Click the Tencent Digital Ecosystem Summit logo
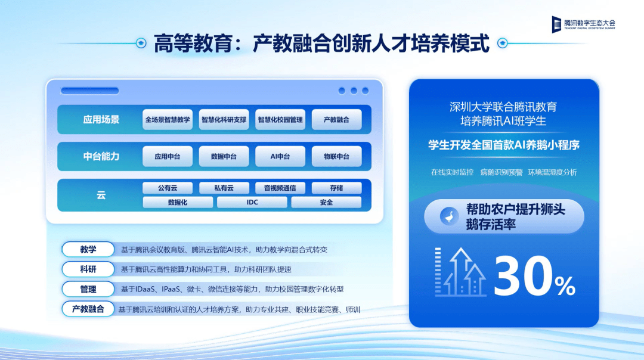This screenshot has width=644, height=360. [583, 24]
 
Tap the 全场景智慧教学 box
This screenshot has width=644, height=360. [168, 119]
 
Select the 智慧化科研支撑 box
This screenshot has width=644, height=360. [224, 119]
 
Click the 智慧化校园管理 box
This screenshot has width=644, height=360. [280, 119]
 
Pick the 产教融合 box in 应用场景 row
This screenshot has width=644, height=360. [336, 119]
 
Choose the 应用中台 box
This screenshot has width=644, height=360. [168, 156]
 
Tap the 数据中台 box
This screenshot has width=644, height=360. [224, 156]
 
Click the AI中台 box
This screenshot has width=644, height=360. [280, 156]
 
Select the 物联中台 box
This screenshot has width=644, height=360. [336, 156]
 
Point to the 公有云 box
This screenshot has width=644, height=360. [168, 188]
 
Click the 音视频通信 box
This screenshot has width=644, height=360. [280, 188]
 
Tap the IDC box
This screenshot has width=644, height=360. [252, 203]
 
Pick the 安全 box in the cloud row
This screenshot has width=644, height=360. [326, 203]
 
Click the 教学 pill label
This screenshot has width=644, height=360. [88, 249]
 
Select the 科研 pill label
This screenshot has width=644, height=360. [88, 269]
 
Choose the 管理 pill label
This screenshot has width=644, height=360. [88, 289]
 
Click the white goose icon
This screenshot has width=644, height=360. [450, 216]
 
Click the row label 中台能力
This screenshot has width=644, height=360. [101, 156]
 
